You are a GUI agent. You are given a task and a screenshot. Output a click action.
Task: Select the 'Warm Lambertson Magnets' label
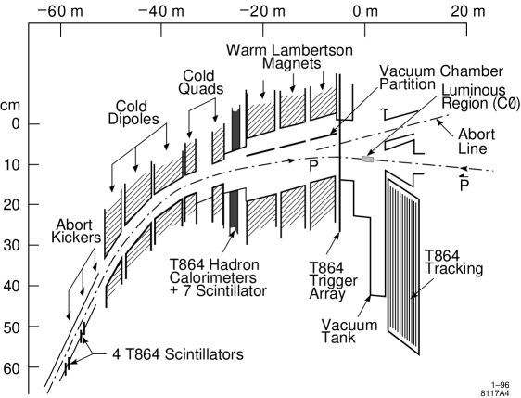(275, 56)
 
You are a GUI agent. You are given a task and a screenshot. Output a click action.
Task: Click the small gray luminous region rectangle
(367, 160)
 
